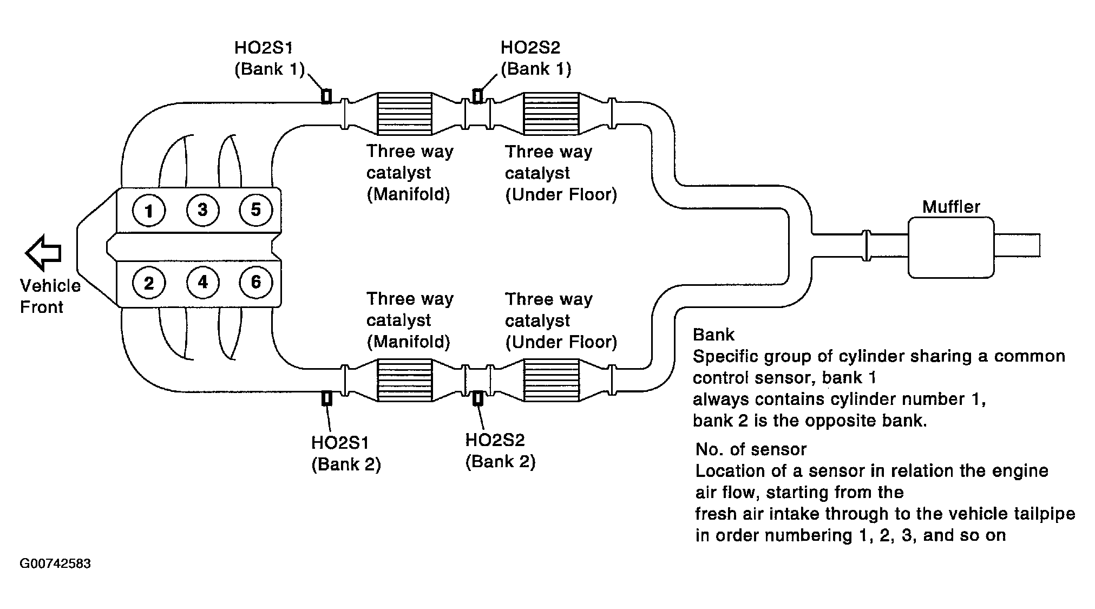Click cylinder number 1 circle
pyautogui.click(x=148, y=210)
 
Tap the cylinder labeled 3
pyautogui.click(x=202, y=209)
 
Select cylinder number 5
pyautogui.click(x=256, y=209)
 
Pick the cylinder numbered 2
pyautogui.click(x=148, y=283)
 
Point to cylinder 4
pyautogui.click(x=202, y=282)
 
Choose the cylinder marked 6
pyautogui.click(x=256, y=282)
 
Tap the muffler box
pyautogui.click(x=951, y=247)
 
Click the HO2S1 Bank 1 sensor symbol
pyautogui.click(x=326, y=96)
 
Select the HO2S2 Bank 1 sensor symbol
pyautogui.click(x=477, y=96)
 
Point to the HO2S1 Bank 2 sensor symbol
pyautogui.click(x=326, y=398)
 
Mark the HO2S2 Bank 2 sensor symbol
pyautogui.click(x=477, y=398)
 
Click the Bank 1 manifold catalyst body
pyautogui.click(x=404, y=114)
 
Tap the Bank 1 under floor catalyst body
pyautogui.click(x=551, y=114)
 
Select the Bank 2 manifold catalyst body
pyautogui.click(x=404, y=380)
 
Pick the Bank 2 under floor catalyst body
pyautogui.click(x=551, y=380)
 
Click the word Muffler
pyautogui.click(x=951, y=207)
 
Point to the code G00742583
pyautogui.click(x=55, y=564)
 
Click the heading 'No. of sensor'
pyautogui.click(x=751, y=449)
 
